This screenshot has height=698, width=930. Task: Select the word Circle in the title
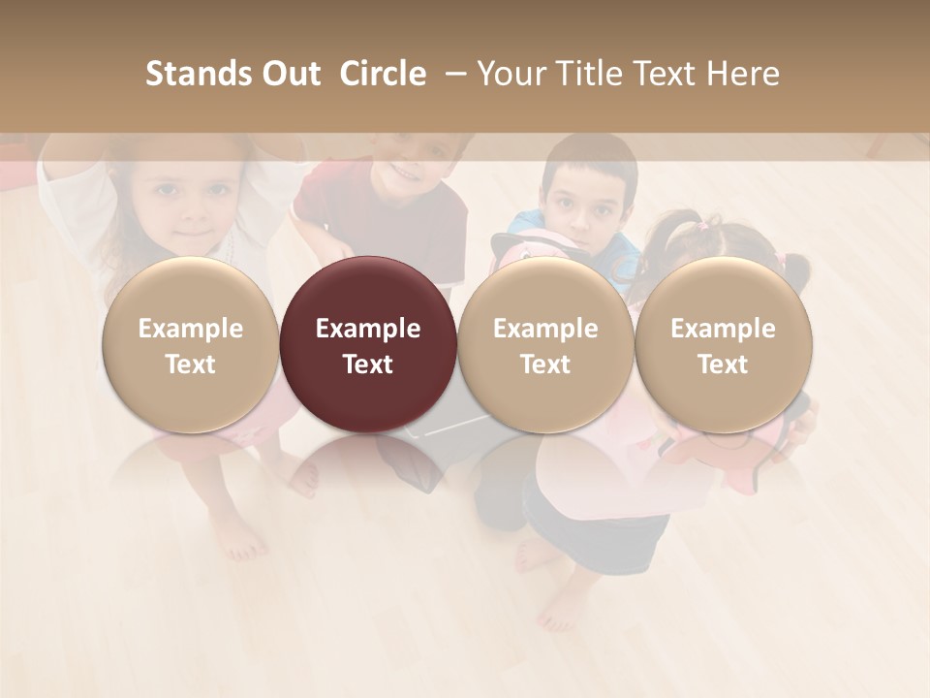pyautogui.click(x=383, y=74)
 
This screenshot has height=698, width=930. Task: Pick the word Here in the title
pyautogui.click(x=744, y=74)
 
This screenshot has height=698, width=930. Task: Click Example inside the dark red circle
pyautogui.click(x=368, y=329)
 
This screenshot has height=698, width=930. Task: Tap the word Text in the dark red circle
pyautogui.click(x=368, y=365)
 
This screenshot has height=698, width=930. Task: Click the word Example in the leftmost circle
pyautogui.click(x=191, y=329)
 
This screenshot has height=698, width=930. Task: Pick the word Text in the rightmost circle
pyautogui.click(x=723, y=365)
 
